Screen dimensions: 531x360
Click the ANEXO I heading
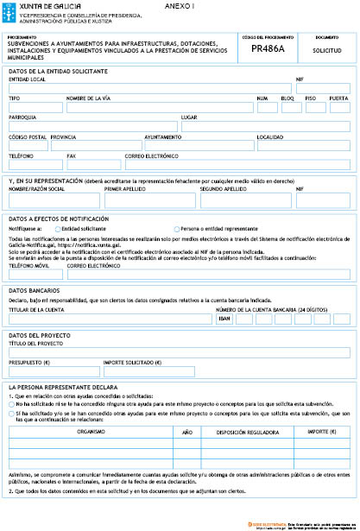tap(180, 6)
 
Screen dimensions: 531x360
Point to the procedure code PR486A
tap(268, 50)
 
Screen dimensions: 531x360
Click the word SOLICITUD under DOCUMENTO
tap(326, 51)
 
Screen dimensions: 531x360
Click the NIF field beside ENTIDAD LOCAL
tap(323, 88)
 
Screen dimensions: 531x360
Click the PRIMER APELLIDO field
tap(149, 199)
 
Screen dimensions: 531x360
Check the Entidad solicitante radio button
tap(58, 229)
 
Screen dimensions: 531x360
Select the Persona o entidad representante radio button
tap(176, 229)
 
